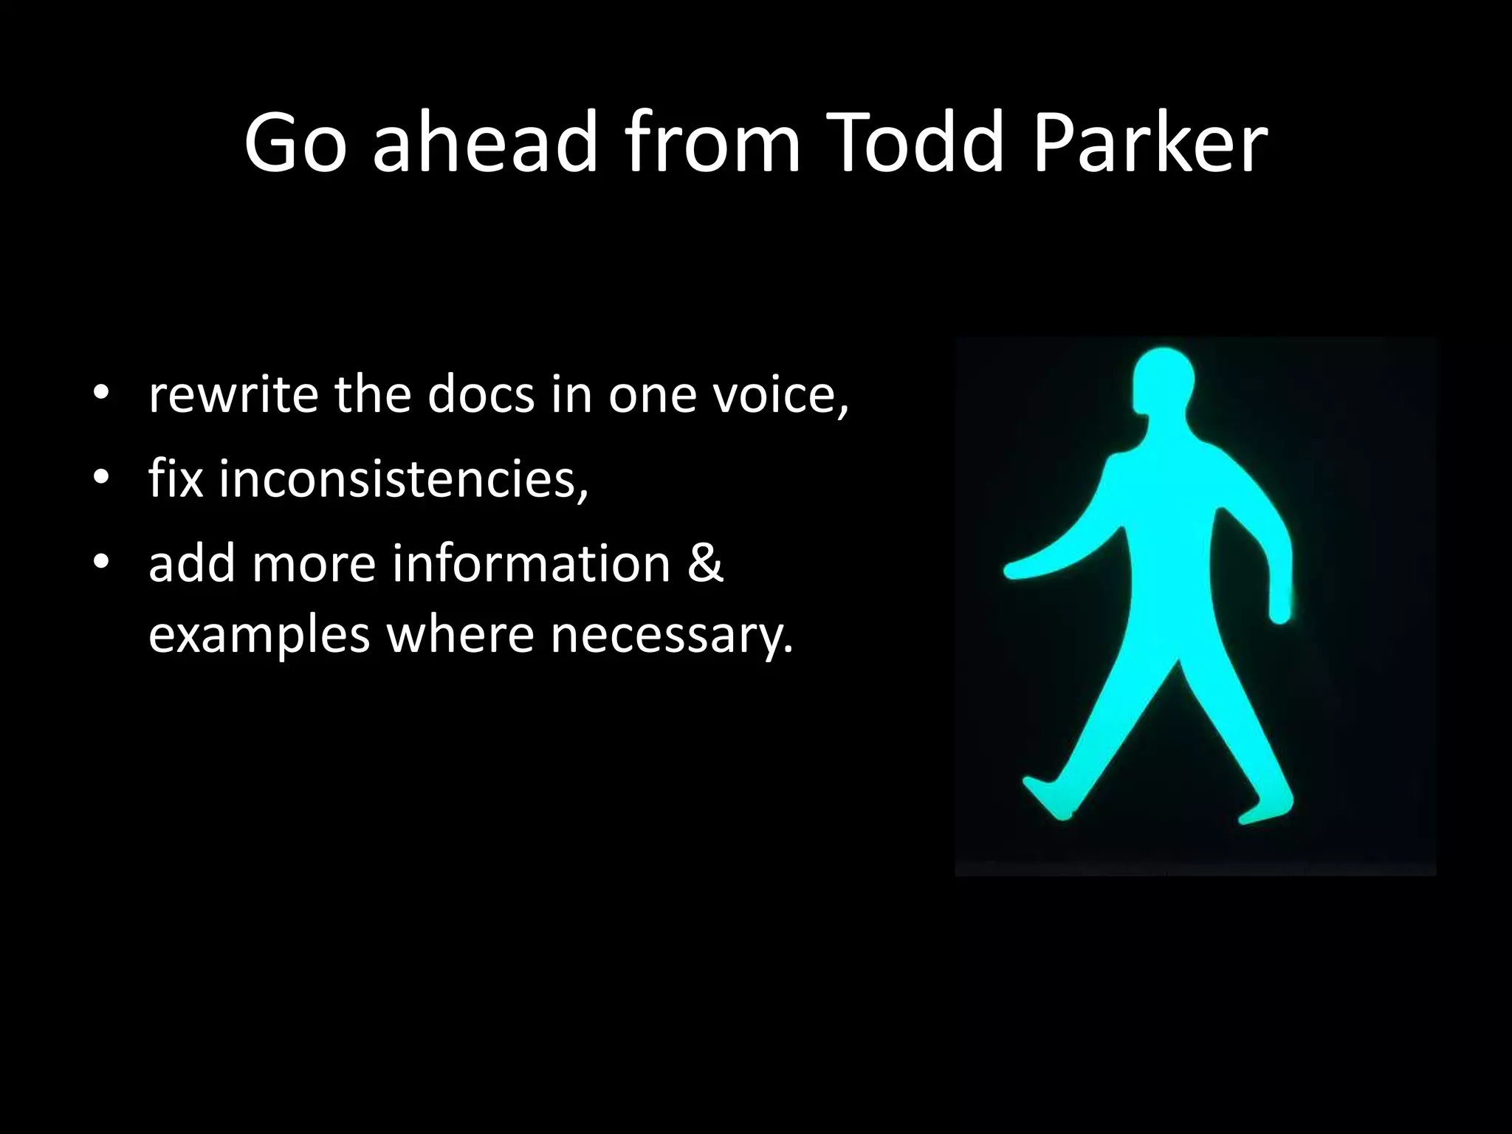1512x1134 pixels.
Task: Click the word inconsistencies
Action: (402, 478)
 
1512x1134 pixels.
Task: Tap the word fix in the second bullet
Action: (176, 478)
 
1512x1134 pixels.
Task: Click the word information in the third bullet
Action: (531, 563)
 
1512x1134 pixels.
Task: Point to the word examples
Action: (258, 635)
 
